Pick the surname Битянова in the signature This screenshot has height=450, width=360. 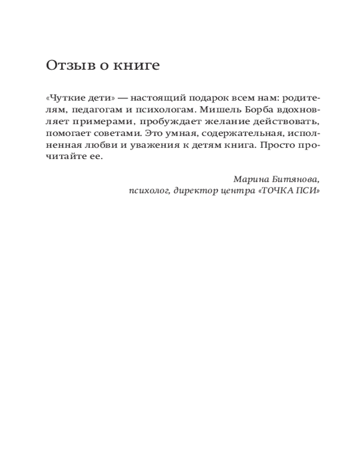click(x=297, y=179)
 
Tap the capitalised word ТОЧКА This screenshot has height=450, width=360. click(x=279, y=190)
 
